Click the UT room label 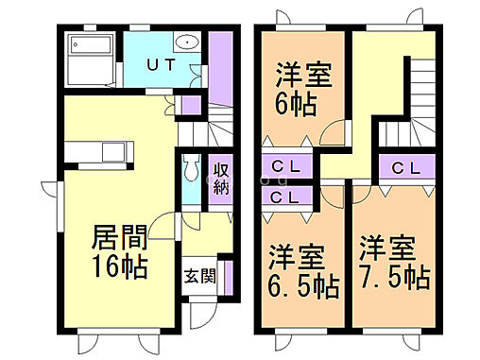tap(158, 65)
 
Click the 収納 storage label tap(220, 179)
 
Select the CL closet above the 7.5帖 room tap(405, 168)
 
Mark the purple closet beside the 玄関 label tap(226, 275)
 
